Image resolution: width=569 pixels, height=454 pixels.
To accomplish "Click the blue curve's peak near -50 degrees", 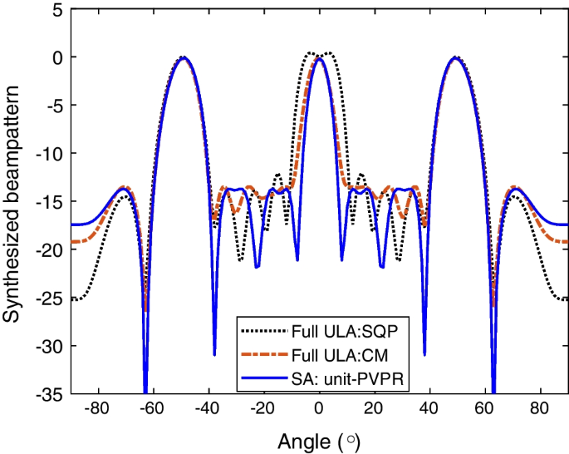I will click(184, 58).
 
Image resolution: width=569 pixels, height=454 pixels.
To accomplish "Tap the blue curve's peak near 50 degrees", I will click(454, 58).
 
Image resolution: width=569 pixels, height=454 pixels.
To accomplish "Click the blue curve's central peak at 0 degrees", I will click(319, 58).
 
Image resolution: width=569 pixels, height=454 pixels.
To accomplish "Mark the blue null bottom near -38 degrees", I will click(214, 354).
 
